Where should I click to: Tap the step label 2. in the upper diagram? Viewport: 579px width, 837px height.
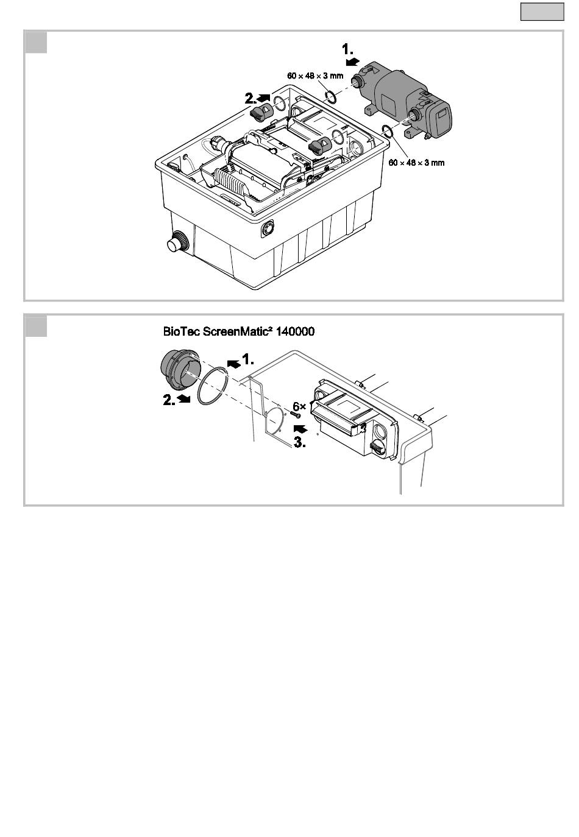(x=250, y=97)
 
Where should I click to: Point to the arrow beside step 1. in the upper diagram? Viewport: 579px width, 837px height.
(x=352, y=62)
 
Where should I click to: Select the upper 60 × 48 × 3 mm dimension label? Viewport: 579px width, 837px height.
(x=315, y=76)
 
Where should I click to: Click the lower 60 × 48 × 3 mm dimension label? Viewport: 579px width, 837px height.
(x=416, y=163)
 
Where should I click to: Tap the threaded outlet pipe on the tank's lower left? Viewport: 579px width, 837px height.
(x=177, y=242)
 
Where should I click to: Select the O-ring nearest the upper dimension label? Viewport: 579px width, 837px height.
(x=332, y=96)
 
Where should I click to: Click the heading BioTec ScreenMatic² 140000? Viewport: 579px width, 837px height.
(x=239, y=332)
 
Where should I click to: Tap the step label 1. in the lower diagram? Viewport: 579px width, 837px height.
(x=247, y=359)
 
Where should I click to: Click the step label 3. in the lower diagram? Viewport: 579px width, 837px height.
(x=300, y=443)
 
